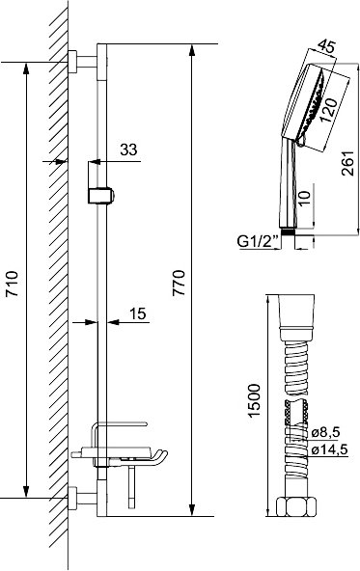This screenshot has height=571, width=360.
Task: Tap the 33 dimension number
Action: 128,150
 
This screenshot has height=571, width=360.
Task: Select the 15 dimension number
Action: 138,313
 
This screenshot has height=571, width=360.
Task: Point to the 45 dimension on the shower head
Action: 326,46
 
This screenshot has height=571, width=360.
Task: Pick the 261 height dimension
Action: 348,163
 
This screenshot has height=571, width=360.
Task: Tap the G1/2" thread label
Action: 258,242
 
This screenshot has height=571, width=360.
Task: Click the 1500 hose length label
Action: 254,400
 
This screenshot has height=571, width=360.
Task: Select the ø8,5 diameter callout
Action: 326,432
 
